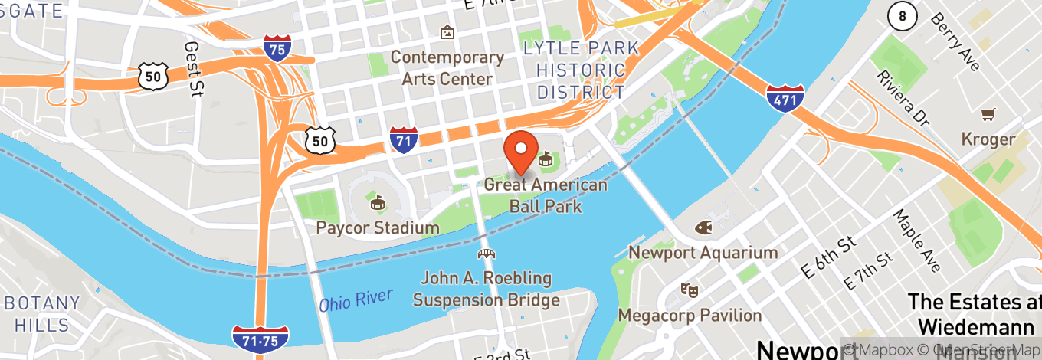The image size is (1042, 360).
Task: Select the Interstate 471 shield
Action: click(785, 96)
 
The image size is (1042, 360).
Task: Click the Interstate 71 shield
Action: click(404, 139)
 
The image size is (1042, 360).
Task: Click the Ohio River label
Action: click(356, 299)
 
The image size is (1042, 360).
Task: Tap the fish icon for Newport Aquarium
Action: click(703, 228)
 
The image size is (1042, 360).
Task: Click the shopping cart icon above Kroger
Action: click(988, 115)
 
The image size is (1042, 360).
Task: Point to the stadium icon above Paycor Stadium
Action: click(377, 203)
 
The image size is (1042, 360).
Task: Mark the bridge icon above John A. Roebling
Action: click(486, 254)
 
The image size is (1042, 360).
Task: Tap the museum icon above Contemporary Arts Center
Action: click(447, 33)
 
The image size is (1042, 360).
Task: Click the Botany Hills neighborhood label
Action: click(43, 313)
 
